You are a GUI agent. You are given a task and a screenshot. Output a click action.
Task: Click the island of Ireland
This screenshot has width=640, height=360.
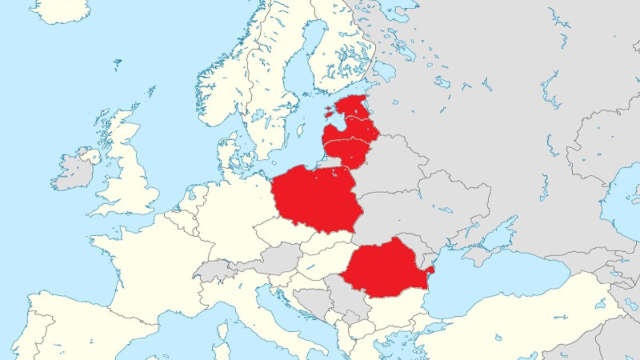73,171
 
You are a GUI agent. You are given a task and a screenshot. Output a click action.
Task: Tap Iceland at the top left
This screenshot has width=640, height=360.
59,11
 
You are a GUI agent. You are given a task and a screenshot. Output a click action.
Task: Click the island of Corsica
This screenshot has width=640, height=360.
223,331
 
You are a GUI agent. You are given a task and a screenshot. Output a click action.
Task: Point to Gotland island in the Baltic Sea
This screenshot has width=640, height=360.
301,130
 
